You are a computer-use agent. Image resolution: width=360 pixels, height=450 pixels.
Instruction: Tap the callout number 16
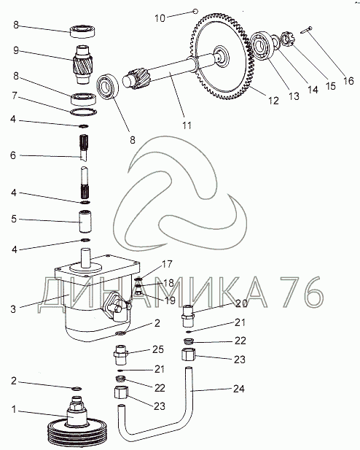coord(348,81)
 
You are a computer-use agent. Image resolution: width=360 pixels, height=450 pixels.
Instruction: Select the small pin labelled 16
coord(307,30)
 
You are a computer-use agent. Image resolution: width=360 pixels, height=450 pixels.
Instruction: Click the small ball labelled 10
coord(195,12)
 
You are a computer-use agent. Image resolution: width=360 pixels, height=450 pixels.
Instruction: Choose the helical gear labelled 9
coord(82,65)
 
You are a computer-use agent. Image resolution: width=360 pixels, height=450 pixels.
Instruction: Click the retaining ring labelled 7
coord(84,112)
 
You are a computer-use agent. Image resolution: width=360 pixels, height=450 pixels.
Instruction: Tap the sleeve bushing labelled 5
coord(85,222)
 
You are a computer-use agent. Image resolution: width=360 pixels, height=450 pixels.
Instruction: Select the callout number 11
coord(187,125)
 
